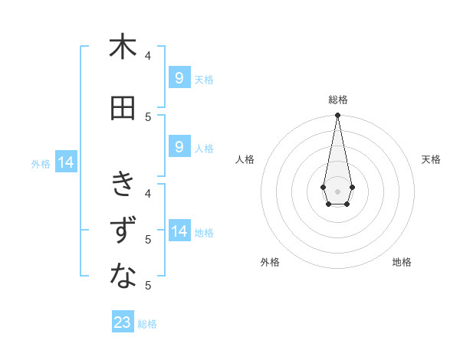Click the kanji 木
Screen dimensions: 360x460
[123, 47]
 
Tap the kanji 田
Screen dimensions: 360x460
[123, 108]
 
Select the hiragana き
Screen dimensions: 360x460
[123, 184]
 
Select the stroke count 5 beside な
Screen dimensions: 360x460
[148, 285]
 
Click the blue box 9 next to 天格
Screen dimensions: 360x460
[179, 78]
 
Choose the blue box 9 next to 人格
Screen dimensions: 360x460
[179, 147]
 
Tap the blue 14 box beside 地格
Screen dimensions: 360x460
[179, 231]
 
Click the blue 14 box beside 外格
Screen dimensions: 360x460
[65, 162]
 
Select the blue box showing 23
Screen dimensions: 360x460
[123, 322]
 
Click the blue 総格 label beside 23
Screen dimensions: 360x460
[147, 324]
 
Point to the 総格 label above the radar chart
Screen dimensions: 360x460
[338, 100]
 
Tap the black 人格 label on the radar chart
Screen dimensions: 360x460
[245, 159]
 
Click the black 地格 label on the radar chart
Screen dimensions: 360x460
[402, 262]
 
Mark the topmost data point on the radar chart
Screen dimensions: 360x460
[337, 116]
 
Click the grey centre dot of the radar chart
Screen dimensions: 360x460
[337, 191]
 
